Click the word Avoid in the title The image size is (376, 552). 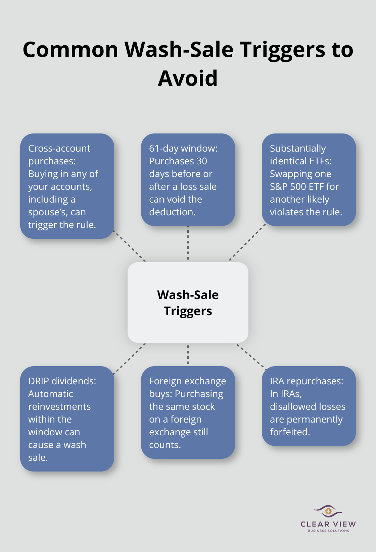pyautogui.click(x=188, y=78)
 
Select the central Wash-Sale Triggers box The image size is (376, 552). pyautogui.click(x=188, y=302)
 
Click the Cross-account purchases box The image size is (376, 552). pyautogui.click(x=67, y=186)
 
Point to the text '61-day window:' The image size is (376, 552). pyautogui.click(x=183, y=148)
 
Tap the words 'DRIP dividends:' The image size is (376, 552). pyautogui.click(x=62, y=381)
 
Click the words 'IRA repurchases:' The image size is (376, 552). pyautogui.click(x=307, y=381)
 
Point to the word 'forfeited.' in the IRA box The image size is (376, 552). pyautogui.click(x=290, y=432)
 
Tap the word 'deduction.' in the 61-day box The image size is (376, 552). pyautogui.click(x=172, y=212)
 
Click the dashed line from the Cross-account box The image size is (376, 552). pyautogui.click(x=130, y=246)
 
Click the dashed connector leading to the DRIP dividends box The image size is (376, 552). pyautogui.click(x=130, y=358)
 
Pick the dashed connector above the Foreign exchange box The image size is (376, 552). pyautogui.click(x=188, y=354)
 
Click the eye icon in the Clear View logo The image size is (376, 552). pyautogui.click(x=328, y=511)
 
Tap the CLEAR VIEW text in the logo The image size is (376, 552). pyautogui.click(x=328, y=524)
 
